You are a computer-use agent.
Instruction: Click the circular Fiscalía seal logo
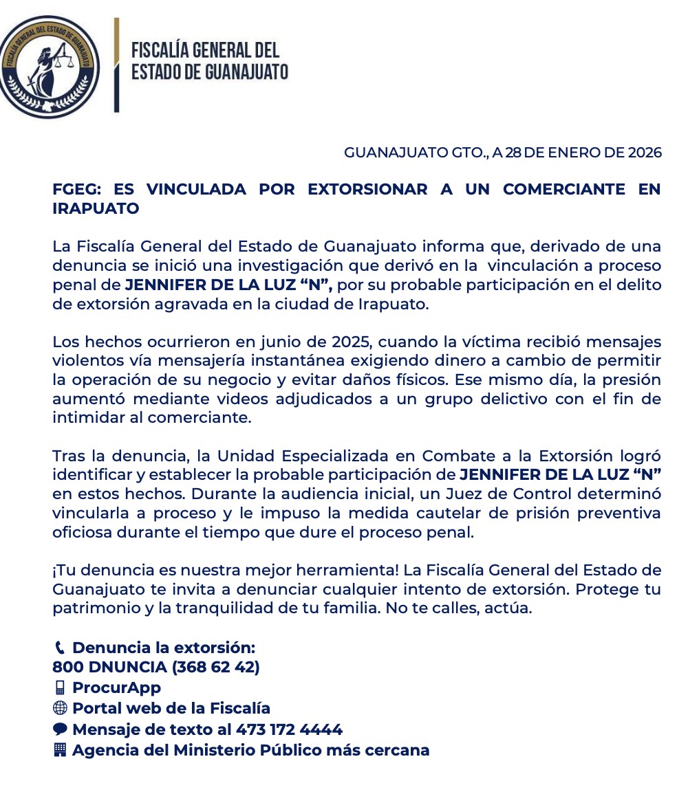coord(49,67)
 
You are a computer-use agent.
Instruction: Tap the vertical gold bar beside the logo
coord(116,65)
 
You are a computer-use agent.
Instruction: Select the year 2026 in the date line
coord(645,153)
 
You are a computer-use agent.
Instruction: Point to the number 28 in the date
coord(513,153)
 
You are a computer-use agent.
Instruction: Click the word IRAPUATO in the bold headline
coord(96,208)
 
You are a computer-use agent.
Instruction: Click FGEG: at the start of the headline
coord(76,189)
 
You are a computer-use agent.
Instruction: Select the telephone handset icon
coord(59,648)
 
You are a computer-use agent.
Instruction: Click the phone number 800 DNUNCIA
coord(109,667)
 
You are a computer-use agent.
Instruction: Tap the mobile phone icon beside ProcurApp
coord(59,687)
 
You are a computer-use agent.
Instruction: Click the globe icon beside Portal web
coord(59,708)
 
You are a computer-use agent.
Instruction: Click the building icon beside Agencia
coord(59,750)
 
